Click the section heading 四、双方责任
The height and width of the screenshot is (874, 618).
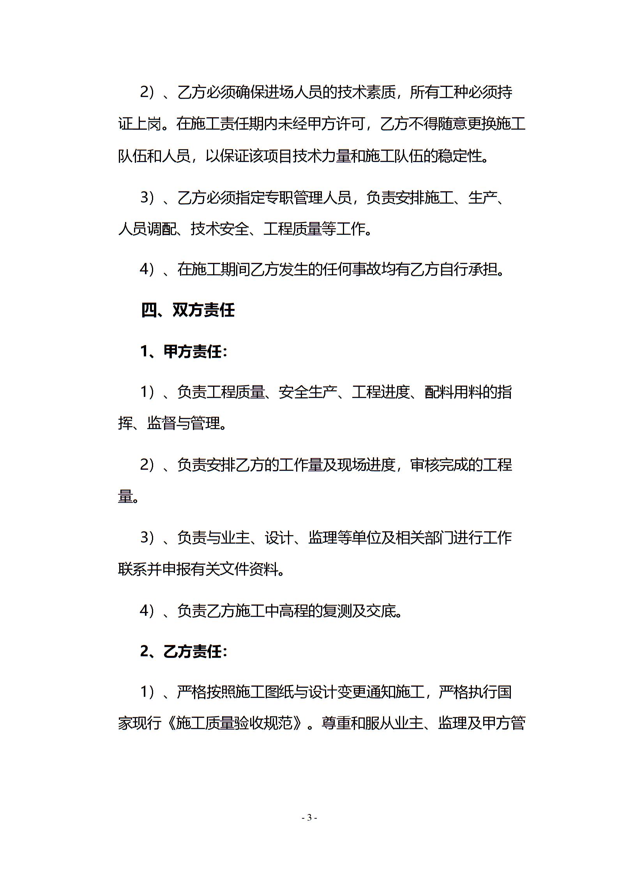pos(188,310)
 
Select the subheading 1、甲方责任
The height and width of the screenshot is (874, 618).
pos(184,352)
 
